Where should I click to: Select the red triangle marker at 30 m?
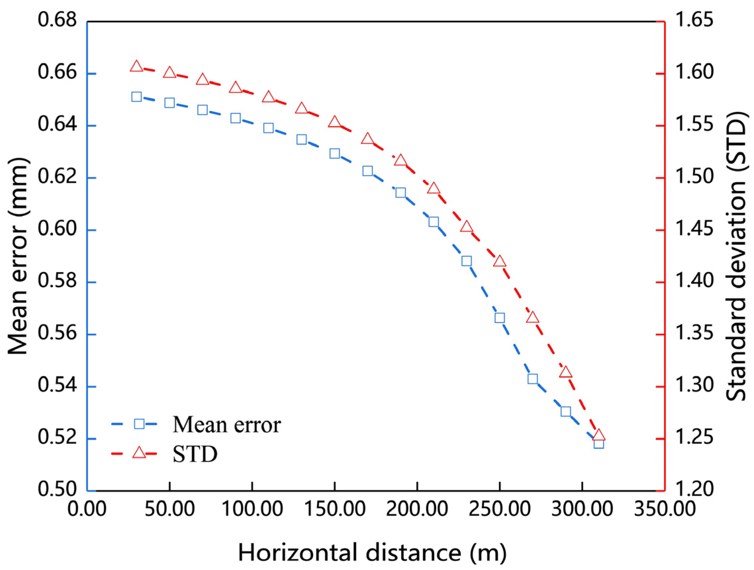click(x=136, y=66)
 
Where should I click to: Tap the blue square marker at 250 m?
click(x=499, y=318)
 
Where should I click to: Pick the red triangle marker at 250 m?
click(x=499, y=262)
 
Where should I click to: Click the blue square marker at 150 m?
click(x=334, y=153)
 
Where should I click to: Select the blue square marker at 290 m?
click(x=565, y=411)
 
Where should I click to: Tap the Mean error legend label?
click(x=227, y=425)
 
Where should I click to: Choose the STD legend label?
click(x=195, y=454)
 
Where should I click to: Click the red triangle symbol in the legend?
click(x=139, y=453)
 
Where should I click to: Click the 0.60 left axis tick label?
click(x=57, y=230)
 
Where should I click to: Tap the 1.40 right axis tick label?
click(x=694, y=282)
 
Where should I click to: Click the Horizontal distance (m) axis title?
click(x=372, y=552)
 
